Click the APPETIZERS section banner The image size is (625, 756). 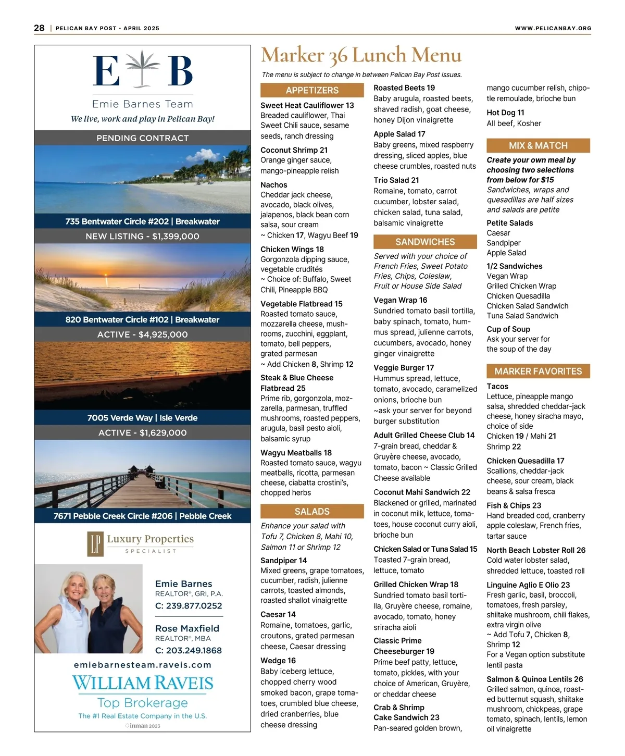[x=312, y=90]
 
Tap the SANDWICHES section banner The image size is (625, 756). [x=425, y=242]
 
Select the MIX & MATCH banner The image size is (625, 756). [x=538, y=145]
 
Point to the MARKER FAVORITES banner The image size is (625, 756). [x=538, y=371]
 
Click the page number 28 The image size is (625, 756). [x=39, y=28]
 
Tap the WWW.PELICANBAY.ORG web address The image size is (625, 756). [x=553, y=28]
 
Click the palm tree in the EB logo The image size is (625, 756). [x=143, y=71]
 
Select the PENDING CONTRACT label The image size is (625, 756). [x=143, y=138]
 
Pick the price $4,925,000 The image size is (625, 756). [x=163, y=334]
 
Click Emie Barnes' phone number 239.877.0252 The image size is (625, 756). [x=189, y=606]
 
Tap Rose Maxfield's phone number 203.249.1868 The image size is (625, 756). [x=189, y=650]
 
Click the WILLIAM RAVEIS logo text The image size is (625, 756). [x=143, y=683]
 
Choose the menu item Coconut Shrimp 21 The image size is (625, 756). [x=294, y=150]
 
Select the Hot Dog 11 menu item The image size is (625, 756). [x=505, y=113]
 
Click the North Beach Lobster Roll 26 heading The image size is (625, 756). [x=536, y=550]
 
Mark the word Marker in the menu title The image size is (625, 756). [x=292, y=55]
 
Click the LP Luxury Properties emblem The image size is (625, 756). [x=96, y=544]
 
